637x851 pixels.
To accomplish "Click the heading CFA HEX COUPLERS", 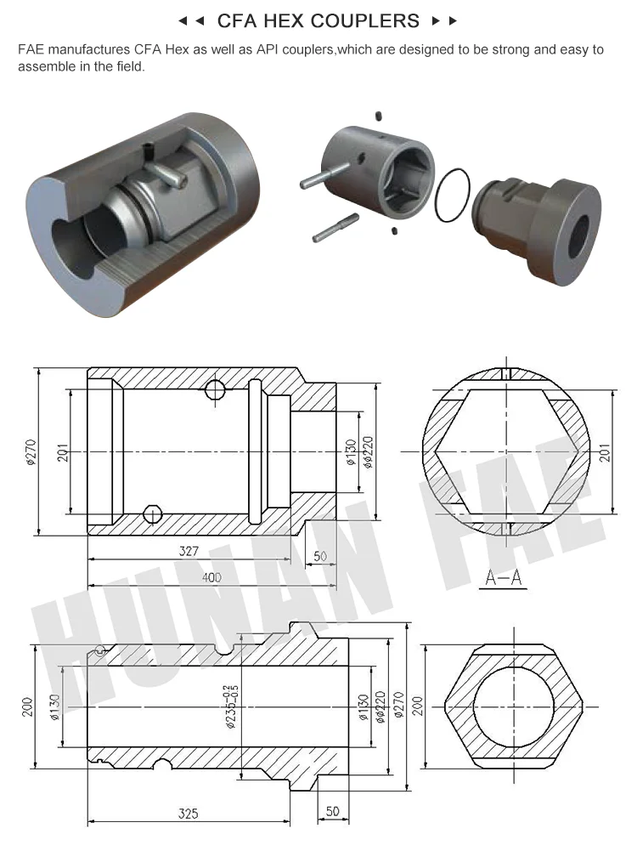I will pyautogui.click(x=318, y=20).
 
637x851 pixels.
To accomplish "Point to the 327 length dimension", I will pyautogui.click(x=189, y=551).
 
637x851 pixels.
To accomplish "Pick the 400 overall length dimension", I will pyautogui.click(x=211, y=577).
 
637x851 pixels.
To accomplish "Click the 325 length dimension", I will pyautogui.click(x=189, y=814).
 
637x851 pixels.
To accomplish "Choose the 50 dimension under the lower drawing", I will pyautogui.click(x=332, y=812).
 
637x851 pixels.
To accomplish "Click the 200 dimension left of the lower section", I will pyautogui.click(x=26, y=706).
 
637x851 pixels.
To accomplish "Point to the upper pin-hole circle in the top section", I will pyautogui.click(x=215, y=390).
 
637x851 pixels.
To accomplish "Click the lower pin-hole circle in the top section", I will pyautogui.click(x=153, y=514).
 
